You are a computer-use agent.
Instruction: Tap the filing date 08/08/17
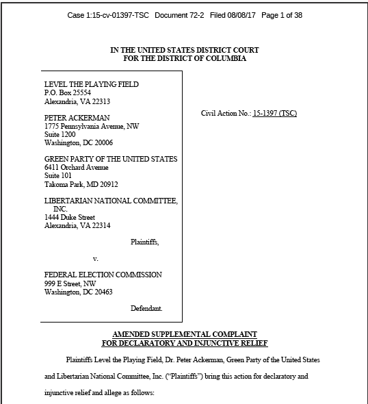pyautogui.click(x=250, y=15)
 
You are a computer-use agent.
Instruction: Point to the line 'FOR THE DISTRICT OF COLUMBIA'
pyautogui.click(x=185, y=59)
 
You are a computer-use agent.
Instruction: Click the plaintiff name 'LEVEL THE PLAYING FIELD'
pyautogui.click(x=91, y=84)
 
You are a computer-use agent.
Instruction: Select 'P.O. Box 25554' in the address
pyautogui.click(x=68, y=92)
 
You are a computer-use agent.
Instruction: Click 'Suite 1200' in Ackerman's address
pyautogui.click(x=60, y=134)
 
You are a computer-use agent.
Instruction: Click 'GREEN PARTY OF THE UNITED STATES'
pyautogui.click(x=110, y=159)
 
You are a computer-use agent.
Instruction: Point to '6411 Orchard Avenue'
pyautogui.click(x=76, y=167)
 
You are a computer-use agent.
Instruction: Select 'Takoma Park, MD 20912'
pyautogui.click(x=81, y=184)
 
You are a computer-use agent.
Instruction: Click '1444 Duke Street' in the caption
pyautogui.click(x=70, y=217)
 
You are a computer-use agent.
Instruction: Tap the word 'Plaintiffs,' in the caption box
pyautogui.click(x=145, y=242)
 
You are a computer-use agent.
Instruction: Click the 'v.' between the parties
pyautogui.click(x=95, y=258)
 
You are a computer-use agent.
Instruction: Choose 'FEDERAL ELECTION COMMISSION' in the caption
pyautogui.click(x=103, y=275)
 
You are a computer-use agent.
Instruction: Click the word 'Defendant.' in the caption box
pyautogui.click(x=146, y=309)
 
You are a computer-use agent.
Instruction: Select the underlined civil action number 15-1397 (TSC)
pyautogui.click(x=274, y=113)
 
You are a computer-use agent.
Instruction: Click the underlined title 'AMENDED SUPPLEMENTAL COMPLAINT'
pyautogui.click(x=184, y=333)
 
